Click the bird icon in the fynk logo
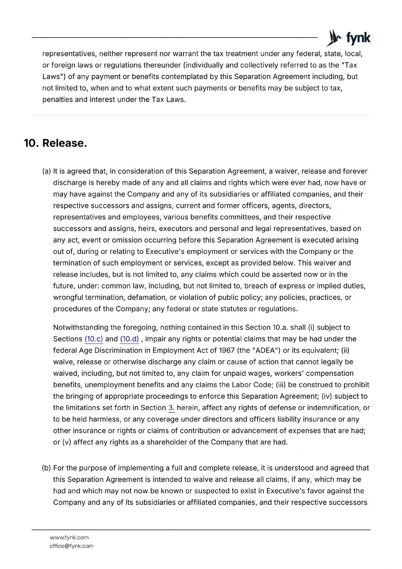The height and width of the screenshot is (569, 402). pyautogui.click(x=333, y=38)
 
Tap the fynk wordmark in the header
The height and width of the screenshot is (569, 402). pyautogui.click(x=358, y=38)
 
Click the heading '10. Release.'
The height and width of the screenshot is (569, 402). pyautogui.click(x=55, y=143)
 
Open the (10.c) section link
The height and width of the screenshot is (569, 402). pyautogui.click(x=94, y=339)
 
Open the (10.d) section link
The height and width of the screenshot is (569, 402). pyautogui.click(x=129, y=339)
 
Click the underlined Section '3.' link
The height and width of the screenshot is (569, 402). pyautogui.click(x=171, y=408)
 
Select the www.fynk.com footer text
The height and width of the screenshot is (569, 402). pyautogui.click(x=69, y=537)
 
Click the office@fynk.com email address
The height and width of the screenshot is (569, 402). pyautogui.click(x=71, y=546)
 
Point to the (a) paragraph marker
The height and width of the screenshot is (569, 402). pyautogui.click(x=47, y=171)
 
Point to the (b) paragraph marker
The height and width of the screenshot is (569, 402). pyautogui.click(x=47, y=468)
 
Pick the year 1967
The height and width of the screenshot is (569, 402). pyautogui.click(x=227, y=350)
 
